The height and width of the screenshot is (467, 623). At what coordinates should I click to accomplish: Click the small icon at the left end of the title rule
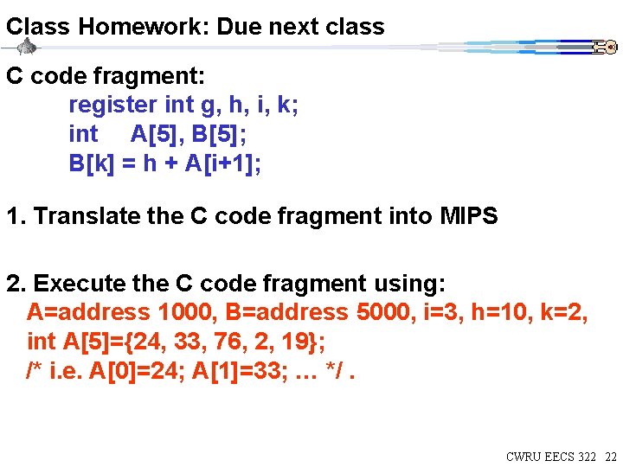pyautogui.click(x=27, y=47)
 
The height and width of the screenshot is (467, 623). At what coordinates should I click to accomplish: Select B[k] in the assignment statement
pyautogui.click(x=91, y=163)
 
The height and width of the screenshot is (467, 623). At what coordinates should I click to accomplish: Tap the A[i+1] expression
pyautogui.click(x=222, y=163)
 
